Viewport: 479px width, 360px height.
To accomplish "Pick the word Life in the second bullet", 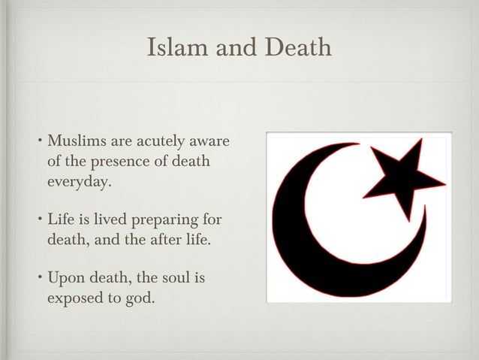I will click(61, 220).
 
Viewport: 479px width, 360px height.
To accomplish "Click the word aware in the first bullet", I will click(210, 141).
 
